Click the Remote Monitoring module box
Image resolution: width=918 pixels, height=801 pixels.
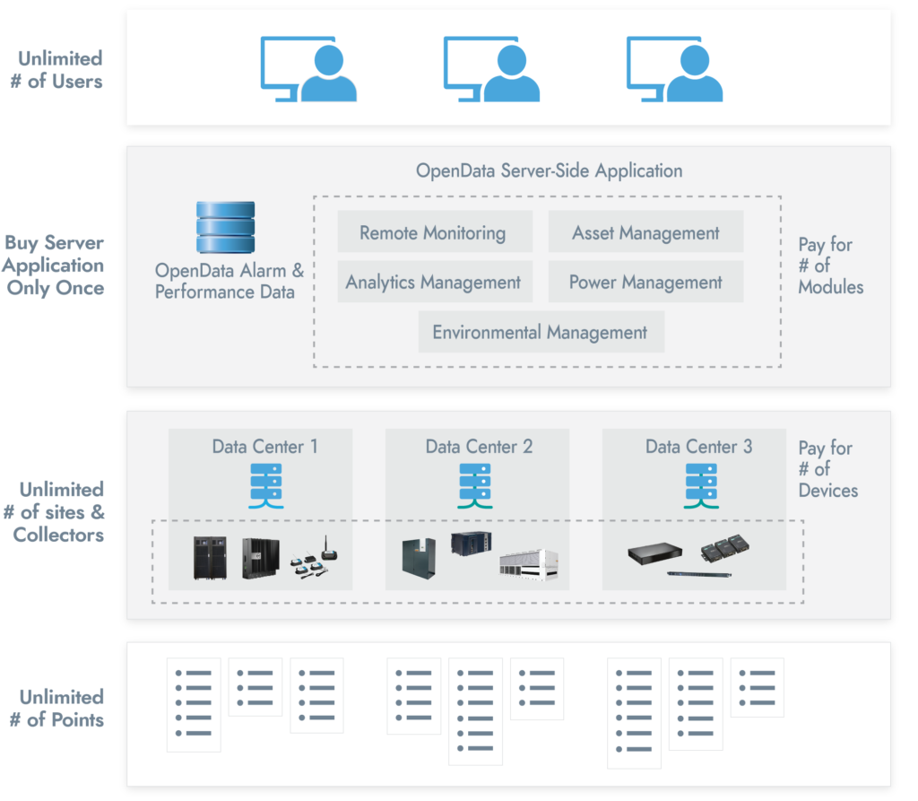pos(434,232)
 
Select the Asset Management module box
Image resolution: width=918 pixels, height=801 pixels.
pos(645,232)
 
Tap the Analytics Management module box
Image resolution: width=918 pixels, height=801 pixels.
pos(434,282)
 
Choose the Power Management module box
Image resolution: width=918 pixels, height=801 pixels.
pos(645,282)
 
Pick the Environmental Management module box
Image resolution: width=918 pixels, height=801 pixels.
pos(541,332)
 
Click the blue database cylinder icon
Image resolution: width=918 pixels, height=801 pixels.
pos(225,228)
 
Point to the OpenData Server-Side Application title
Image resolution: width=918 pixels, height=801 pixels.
pos(549,170)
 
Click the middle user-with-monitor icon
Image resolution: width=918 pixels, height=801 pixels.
pos(491,68)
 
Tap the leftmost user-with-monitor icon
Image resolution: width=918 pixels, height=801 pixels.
pos(308,68)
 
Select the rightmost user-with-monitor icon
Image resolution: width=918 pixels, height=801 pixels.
pos(674,68)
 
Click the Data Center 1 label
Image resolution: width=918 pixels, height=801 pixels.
pos(264,446)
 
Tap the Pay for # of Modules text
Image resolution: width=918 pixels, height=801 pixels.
pos(830,266)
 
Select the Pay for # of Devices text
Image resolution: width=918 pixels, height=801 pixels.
pos(827,469)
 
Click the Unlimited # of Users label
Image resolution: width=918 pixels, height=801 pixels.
pos(60,69)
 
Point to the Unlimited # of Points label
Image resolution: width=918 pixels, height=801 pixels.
pos(60,708)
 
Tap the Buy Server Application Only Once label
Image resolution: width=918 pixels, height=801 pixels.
pos(54,266)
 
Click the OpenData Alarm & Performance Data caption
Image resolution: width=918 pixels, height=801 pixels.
pos(229,281)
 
